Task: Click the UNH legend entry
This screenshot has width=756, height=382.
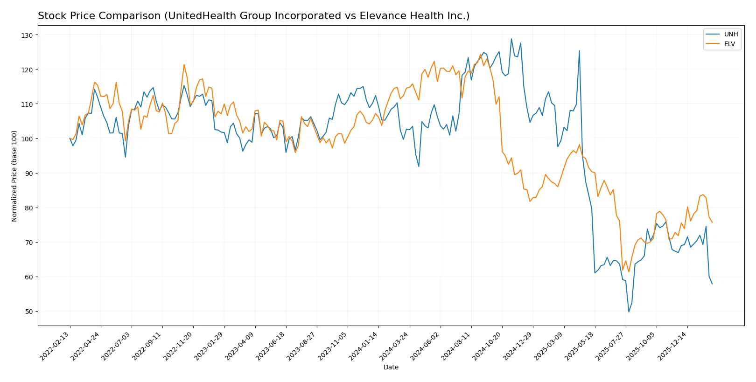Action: pyautogui.click(x=731, y=35)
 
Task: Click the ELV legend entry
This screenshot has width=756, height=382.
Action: pyautogui.click(x=729, y=44)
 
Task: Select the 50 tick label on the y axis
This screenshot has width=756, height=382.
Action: pyautogui.click(x=29, y=312)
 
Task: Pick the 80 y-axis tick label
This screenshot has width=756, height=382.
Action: pyautogui.click(x=29, y=208)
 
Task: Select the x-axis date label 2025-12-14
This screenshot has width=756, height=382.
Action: pyautogui.click(x=672, y=346)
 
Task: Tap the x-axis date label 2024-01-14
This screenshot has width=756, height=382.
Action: pyautogui.click(x=364, y=346)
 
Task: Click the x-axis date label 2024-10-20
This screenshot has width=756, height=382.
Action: pyautogui.click(x=487, y=346)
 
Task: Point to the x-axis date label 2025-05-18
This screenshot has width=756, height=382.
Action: pyautogui.click(x=580, y=346)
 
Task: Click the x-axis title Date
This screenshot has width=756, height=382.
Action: pyautogui.click(x=391, y=368)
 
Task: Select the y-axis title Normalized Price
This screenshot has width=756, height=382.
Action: pyautogui.click(x=14, y=176)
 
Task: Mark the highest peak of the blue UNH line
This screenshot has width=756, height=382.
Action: pyautogui.click(x=511, y=39)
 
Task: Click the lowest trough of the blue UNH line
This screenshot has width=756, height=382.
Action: pyautogui.click(x=629, y=312)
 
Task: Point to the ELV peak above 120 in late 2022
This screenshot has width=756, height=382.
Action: pyautogui.click(x=184, y=64)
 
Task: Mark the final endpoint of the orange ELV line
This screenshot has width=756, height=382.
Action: pyautogui.click(x=712, y=222)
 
